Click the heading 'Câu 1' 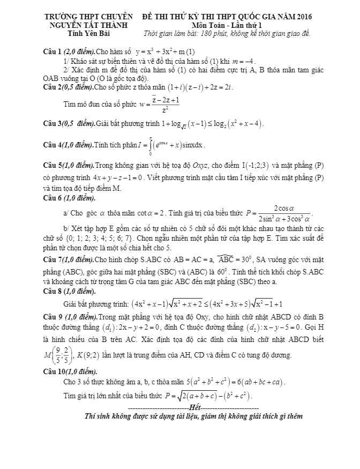click(53, 52)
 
